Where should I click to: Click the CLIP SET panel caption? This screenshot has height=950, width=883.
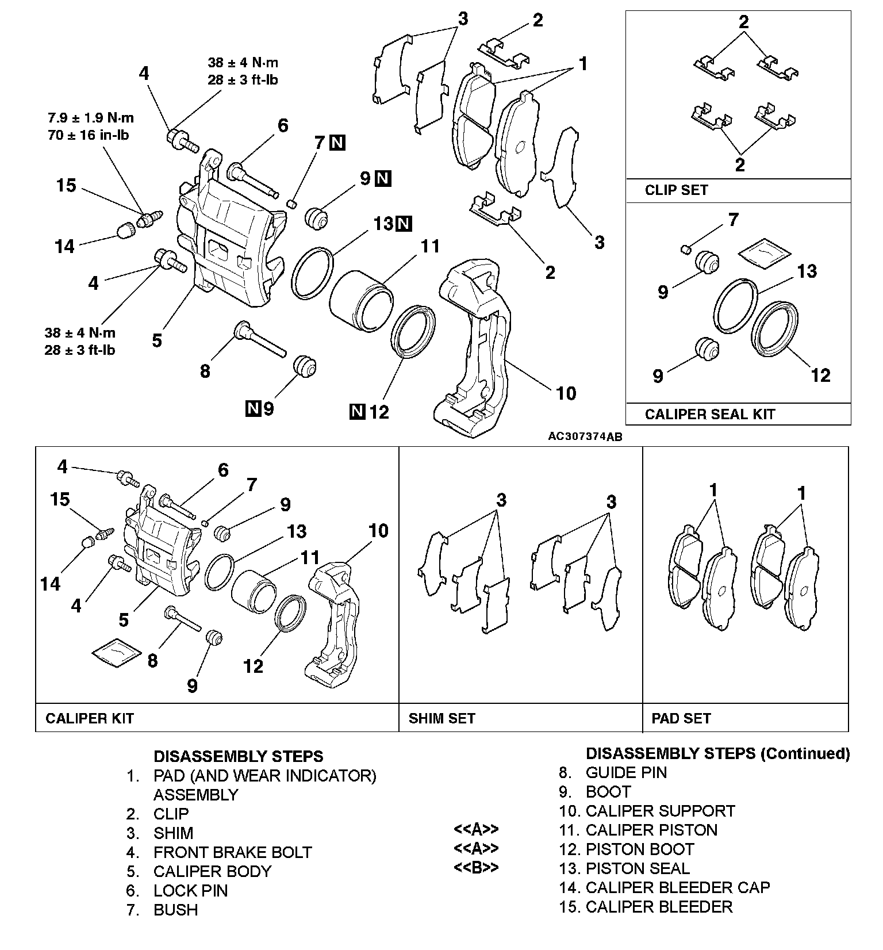[676, 190]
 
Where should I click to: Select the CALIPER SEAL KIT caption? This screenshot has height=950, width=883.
[709, 414]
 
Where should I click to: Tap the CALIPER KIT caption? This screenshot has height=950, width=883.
[89, 718]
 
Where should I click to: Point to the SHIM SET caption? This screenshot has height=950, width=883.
[441, 718]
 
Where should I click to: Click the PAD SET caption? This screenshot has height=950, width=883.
[681, 718]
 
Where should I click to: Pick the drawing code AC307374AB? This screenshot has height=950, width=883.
[585, 437]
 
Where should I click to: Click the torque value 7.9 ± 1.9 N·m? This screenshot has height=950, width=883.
[90, 118]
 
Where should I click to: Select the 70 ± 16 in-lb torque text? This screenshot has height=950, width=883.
[88, 136]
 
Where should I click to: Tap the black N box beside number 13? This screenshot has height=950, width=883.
[405, 224]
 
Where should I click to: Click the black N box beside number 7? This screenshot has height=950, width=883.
[337, 143]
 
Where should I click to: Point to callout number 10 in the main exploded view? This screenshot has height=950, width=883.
[566, 393]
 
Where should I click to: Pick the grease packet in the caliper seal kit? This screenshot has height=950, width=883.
[764, 253]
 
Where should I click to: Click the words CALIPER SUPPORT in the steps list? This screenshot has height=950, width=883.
[660, 811]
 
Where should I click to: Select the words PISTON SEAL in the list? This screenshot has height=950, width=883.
[638, 868]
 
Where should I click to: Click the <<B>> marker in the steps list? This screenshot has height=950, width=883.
[476, 867]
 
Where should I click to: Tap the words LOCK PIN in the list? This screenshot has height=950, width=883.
[190, 891]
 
